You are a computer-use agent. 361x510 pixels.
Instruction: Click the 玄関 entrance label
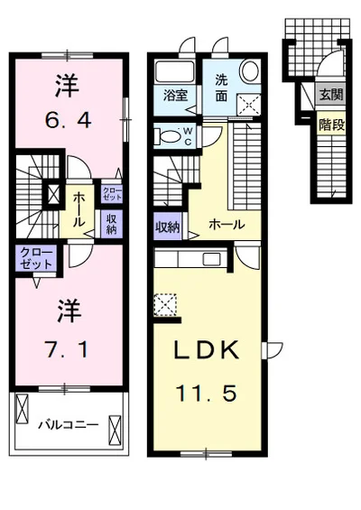coord(331,95)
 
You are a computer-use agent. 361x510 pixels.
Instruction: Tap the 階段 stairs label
coord(331,125)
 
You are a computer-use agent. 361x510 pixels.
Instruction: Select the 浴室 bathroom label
coord(175,96)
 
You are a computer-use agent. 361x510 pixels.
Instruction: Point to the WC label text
coord(189,136)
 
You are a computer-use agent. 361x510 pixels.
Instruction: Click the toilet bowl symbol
coord(169,136)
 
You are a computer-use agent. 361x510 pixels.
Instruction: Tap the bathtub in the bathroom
coord(175,72)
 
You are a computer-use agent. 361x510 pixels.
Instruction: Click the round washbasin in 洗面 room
coord(250,70)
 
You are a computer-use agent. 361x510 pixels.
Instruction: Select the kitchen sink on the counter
coord(211,259)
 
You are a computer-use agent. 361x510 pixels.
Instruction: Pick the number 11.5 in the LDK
coord(206,393)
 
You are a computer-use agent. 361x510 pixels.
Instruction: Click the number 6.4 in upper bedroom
coord(68,120)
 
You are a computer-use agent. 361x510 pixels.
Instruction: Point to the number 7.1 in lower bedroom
coord(67,350)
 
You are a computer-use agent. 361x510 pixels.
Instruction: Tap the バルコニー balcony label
coord(69,425)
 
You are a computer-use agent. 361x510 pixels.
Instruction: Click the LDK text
coord(207,349)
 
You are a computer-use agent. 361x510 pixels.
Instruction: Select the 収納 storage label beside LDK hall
coord(167,227)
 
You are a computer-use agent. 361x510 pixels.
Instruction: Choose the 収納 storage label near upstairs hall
coord(111,224)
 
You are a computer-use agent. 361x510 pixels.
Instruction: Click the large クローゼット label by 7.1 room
coord(36,258)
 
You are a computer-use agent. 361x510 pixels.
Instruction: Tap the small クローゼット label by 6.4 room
coord(112,194)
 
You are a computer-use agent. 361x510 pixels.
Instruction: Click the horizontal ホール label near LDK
coord(227,225)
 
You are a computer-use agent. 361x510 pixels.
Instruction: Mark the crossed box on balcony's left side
coord(23,408)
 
